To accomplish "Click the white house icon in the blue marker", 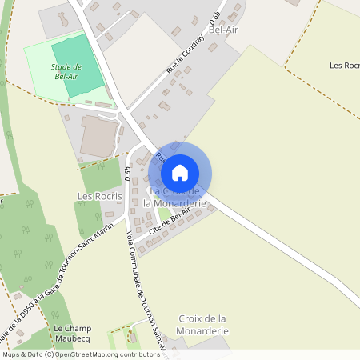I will click(180, 172).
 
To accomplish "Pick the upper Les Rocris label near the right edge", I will click(345, 66).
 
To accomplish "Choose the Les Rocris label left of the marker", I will click(99, 196).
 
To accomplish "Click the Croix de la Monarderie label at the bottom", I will click(203, 324).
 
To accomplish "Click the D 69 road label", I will click(128, 172).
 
